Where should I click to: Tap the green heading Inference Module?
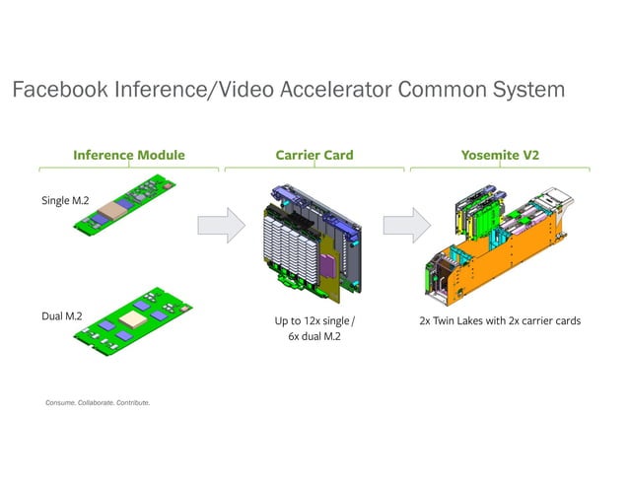(129, 155)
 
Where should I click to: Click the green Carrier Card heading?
(314, 155)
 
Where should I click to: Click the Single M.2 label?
(65, 201)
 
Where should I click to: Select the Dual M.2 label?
(62, 316)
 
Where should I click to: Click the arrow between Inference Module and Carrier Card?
(220, 225)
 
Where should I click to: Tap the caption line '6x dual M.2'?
(314, 340)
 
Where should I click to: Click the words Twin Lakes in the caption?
(466, 321)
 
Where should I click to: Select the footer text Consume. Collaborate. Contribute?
(98, 402)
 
